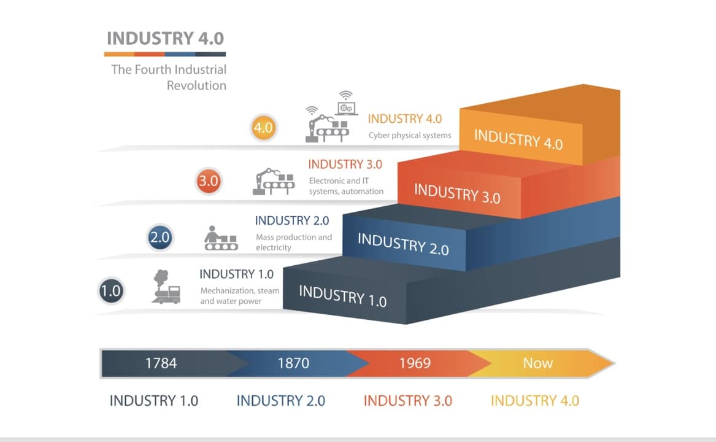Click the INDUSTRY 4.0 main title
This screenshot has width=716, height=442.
pyautogui.click(x=166, y=39)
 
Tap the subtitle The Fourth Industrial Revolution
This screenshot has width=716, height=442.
pyautogui.click(x=169, y=77)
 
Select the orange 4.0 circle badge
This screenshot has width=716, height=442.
pyautogui.click(x=264, y=129)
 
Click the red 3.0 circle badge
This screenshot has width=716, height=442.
pyautogui.click(x=209, y=182)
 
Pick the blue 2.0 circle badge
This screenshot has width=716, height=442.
pyautogui.click(x=160, y=238)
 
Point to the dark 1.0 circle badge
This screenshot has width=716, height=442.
pyautogui.click(x=111, y=290)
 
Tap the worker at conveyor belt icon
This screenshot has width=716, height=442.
pyautogui.click(x=220, y=238)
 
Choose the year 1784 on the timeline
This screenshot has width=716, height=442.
pyautogui.click(x=161, y=363)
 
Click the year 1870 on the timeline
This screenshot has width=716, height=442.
pyautogui.click(x=293, y=363)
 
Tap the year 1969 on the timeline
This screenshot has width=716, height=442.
pyautogui.click(x=415, y=363)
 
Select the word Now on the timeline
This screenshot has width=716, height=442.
pyautogui.click(x=537, y=363)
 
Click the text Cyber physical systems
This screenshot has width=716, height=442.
pyautogui.click(x=410, y=136)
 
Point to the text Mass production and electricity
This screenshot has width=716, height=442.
pyautogui.click(x=294, y=242)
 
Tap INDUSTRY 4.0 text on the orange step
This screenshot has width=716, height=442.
pyautogui.click(x=518, y=139)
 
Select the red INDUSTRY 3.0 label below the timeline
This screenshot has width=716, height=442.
pyautogui.click(x=407, y=401)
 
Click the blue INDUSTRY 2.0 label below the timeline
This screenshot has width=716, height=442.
pyautogui.click(x=280, y=401)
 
